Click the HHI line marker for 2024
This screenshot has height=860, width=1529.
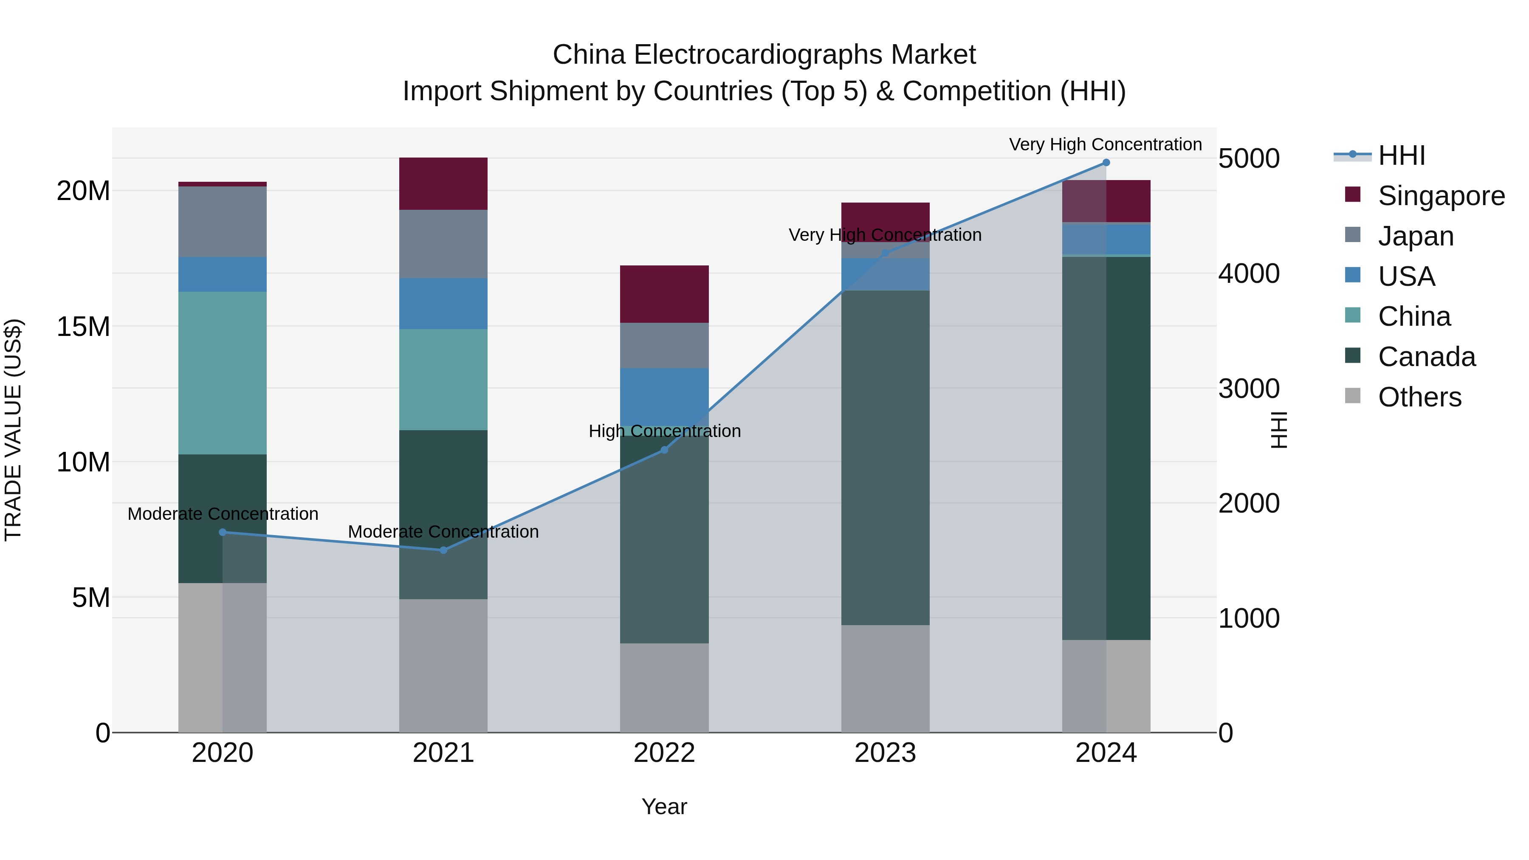(1106, 163)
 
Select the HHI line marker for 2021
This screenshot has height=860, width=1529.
(443, 550)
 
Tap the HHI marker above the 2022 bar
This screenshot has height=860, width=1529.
(664, 450)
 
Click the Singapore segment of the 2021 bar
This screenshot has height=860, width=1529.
(443, 183)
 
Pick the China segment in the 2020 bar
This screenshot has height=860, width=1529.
(223, 373)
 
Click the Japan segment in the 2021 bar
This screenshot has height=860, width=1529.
(443, 244)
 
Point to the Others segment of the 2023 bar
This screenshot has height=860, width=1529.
(885, 678)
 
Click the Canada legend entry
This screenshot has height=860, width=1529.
(1426, 357)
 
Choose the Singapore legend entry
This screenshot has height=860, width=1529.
(1441, 196)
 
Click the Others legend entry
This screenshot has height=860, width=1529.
(1419, 397)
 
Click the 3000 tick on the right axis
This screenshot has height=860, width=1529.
(1248, 389)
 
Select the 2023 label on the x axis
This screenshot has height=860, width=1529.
(885, 753)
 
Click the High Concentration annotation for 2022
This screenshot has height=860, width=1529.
(664, 431)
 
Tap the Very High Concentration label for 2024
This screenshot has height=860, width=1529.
(1105, 144)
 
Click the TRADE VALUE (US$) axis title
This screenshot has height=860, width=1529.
(13, 430)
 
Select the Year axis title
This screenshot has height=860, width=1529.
(664, 806)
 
